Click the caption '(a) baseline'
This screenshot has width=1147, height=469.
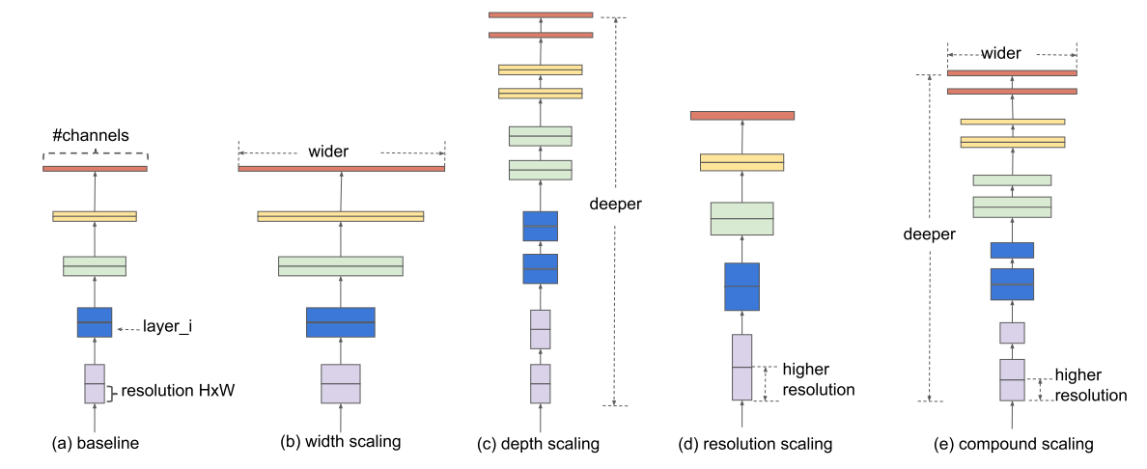[96, 444]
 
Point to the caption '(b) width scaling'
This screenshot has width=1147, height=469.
[340, 443]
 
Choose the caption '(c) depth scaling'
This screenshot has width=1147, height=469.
[539, 444]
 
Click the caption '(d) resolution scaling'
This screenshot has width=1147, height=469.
[755, 444]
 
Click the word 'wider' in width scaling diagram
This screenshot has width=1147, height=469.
[328, 152]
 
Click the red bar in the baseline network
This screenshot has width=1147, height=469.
[95, 169]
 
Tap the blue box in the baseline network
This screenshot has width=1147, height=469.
[95, 321]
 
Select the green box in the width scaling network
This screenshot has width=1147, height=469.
[341, 265]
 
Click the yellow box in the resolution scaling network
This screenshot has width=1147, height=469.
[741, 162]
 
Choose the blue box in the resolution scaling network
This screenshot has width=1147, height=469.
[741, 286]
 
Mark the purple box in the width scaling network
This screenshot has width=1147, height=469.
[341, 383]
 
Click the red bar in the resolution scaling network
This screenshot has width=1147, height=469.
[741, 116]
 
